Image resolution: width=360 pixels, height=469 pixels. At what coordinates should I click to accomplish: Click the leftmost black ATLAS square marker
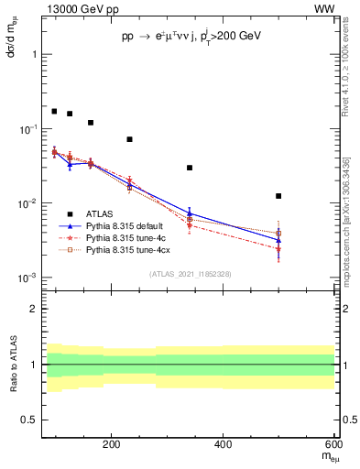click(54, 111)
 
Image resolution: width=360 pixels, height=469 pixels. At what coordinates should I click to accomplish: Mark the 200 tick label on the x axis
click(112, 444)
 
